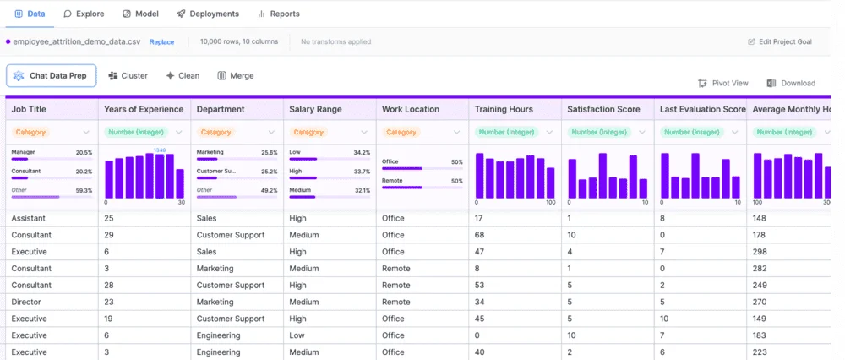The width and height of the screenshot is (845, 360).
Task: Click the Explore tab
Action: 84,14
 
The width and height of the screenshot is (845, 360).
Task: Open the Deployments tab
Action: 208,14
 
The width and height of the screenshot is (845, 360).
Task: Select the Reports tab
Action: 279,14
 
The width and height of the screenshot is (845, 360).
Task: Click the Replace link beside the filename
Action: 161,41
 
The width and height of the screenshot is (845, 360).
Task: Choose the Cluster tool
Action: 128,75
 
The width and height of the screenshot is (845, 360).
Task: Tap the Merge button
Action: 236,75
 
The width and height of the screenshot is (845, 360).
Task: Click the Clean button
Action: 183,75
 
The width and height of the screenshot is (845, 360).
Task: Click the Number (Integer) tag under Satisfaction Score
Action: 602,132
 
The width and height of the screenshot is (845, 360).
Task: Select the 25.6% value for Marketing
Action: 269,153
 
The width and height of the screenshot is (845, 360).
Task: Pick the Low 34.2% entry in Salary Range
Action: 329,153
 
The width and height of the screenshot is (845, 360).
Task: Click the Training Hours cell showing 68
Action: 479,235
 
